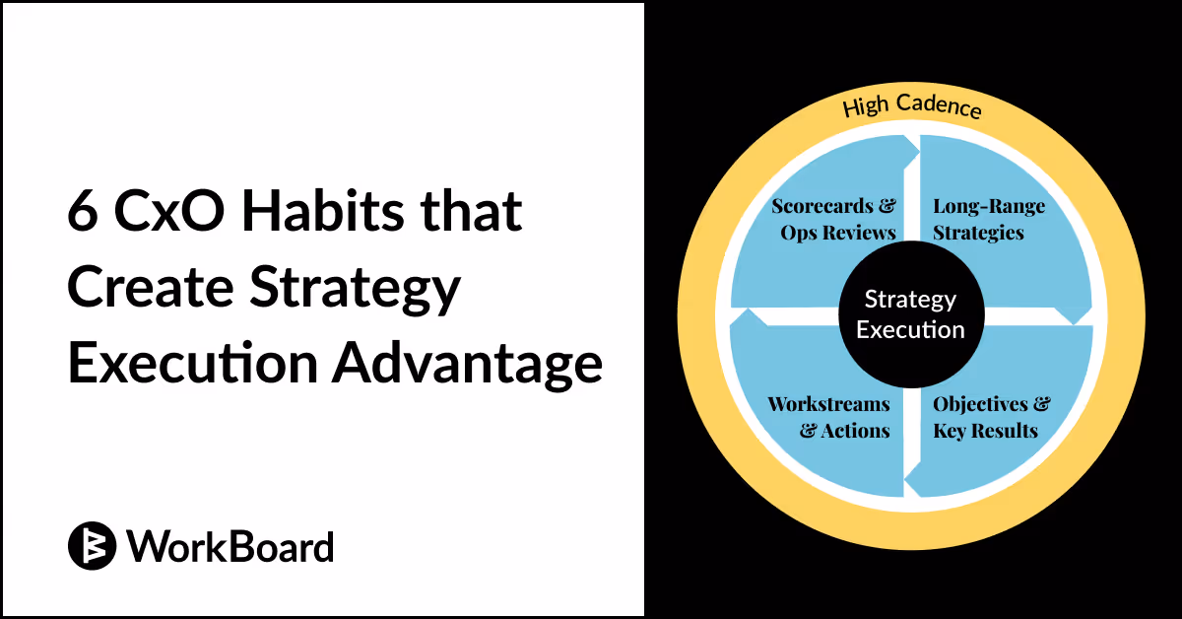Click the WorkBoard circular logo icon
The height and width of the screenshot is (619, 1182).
(x=93, y=545)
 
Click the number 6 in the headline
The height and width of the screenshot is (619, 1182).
(x=83, y=213)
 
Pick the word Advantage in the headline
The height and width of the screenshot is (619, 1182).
(x=467, y=363)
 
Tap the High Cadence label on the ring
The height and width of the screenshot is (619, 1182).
(x=912, y=105)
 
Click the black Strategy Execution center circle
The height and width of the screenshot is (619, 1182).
(x=910, y=313)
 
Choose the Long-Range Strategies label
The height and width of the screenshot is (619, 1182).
(x=988, y=220)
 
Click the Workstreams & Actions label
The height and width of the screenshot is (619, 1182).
(x=828, y=417)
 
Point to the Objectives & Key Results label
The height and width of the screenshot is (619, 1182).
(x=991, y=417)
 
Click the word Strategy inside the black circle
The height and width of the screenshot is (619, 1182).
(x=910, y=300)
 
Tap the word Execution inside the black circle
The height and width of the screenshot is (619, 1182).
(x=910, y=329)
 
